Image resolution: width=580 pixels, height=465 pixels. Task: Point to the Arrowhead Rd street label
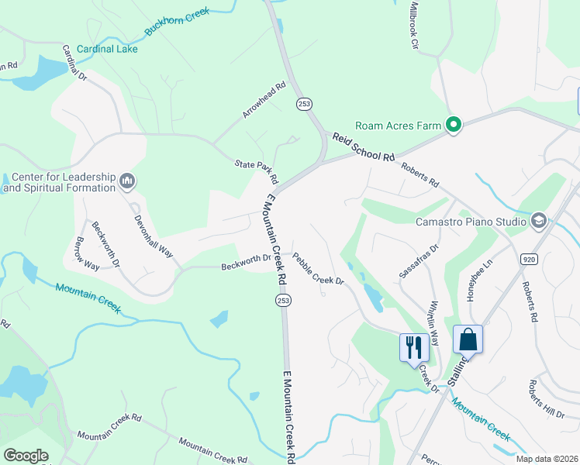[264, 100]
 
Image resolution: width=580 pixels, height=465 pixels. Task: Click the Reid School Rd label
[364, 146]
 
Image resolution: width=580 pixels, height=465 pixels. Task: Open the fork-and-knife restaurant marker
[413, 346]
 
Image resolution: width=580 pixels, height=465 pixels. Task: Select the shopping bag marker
[468, 339]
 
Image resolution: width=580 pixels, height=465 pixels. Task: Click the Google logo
[26, 455]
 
